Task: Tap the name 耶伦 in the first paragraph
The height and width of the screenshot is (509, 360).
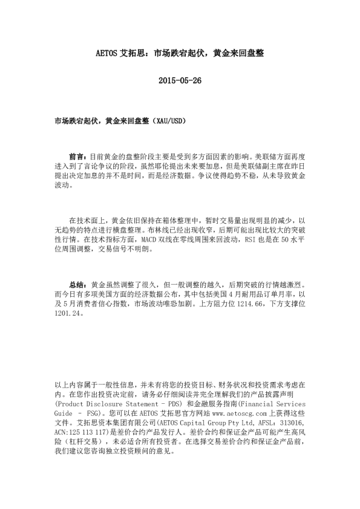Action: pyautogui.click(x=168, y=166)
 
